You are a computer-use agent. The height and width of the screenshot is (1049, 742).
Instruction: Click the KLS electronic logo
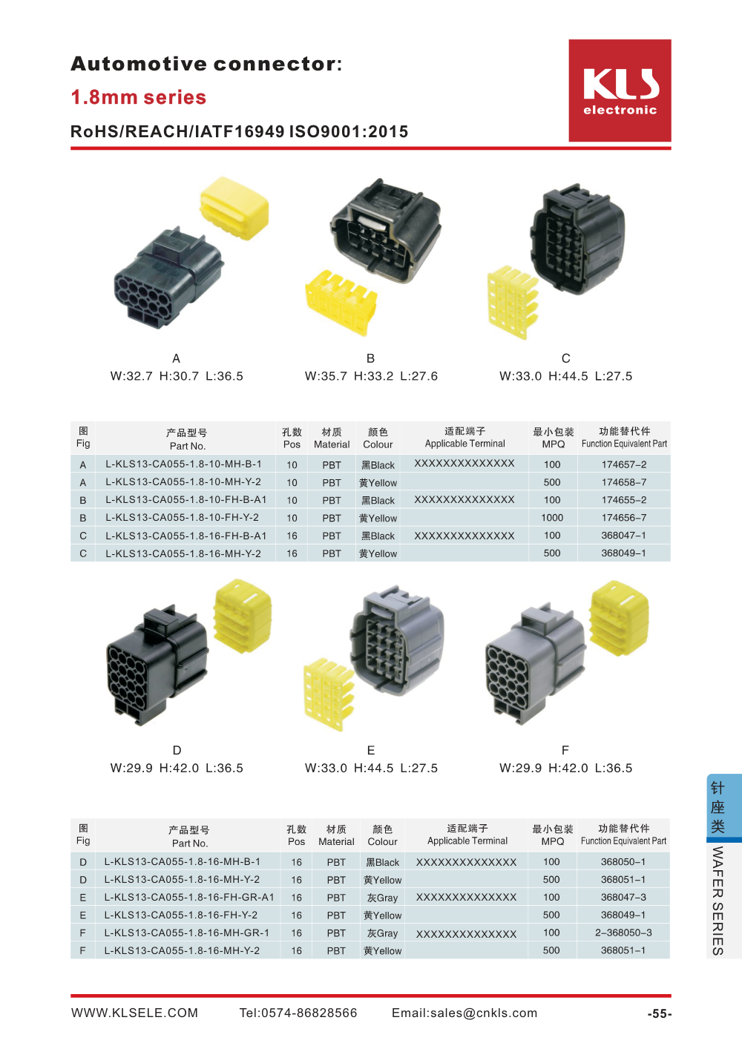pos(620,91)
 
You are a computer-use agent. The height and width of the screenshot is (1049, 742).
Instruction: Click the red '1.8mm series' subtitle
pos(139,97)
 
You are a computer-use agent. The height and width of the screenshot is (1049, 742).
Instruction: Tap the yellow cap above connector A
pos(234,207)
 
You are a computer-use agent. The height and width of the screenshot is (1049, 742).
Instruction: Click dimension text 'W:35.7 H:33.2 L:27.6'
pos(371,376)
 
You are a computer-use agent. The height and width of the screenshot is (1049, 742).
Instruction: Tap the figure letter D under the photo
pos(177,750)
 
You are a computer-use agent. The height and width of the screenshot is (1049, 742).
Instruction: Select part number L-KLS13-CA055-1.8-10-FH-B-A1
pos(185,500)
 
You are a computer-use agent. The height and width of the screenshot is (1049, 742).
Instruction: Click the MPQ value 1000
pos(552,518)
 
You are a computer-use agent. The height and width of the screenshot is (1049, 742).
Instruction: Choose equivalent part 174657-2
pos(623,464)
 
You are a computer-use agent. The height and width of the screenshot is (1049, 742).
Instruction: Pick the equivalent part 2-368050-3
pos(623,933)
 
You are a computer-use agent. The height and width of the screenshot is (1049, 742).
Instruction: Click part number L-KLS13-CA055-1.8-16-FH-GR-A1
pos(189,897)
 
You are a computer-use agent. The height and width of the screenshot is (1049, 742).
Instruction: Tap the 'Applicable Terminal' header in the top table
pos(464,444)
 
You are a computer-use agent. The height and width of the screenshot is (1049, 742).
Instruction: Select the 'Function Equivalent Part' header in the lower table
pos(623,841)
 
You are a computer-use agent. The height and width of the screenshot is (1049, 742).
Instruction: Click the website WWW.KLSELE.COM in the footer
pos(134,1013)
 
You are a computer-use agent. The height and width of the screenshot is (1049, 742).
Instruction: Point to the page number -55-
pos(659,1013)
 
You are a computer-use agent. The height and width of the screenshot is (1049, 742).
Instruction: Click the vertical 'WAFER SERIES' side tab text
pos(718,900)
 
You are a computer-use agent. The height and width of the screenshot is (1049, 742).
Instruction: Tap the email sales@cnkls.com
pos(464,1013)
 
